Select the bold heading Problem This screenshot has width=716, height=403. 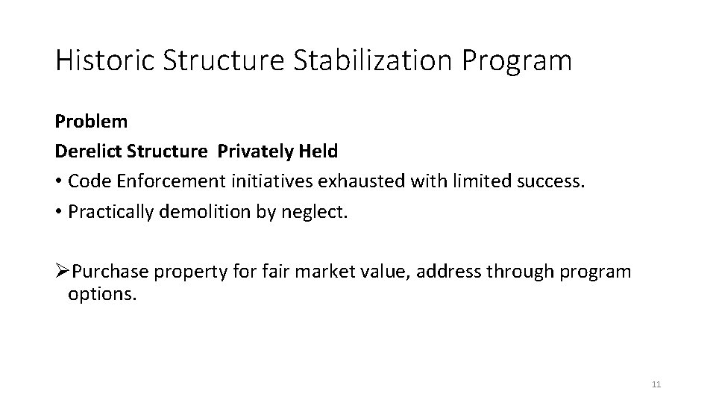91,121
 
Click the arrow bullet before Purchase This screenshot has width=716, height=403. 62,272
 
